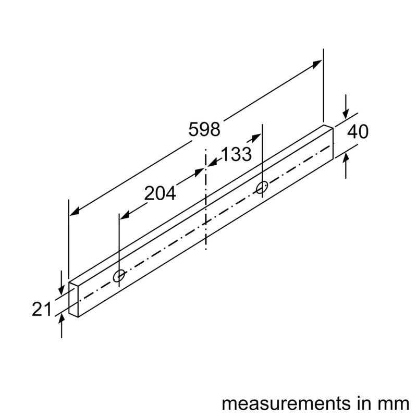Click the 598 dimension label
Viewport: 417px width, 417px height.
[204, 129]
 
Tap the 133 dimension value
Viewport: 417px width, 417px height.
[236, 154]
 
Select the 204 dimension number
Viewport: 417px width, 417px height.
[160, 193]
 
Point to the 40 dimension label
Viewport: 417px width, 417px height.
[357, 132]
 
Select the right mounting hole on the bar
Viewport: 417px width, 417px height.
[262, 187]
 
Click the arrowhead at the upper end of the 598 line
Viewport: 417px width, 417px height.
[316, 64]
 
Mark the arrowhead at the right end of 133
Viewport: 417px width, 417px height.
[256, 137]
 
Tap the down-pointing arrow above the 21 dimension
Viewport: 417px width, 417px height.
[62, 279]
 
